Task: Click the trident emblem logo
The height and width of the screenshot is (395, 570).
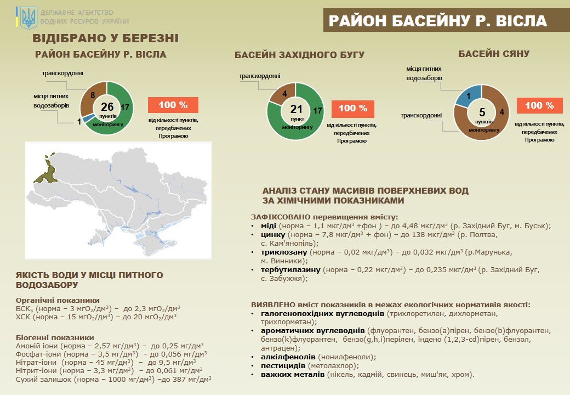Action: coord(29,18)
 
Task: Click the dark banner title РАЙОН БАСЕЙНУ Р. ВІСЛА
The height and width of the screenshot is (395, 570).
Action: coord(437,21)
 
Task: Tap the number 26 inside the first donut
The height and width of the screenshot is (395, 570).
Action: coord(107,106)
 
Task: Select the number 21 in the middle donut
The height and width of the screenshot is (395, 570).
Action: coord(296,109)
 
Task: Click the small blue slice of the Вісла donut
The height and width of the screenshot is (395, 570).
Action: coord(86,117)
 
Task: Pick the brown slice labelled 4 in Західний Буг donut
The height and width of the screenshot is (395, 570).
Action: coord(280,94)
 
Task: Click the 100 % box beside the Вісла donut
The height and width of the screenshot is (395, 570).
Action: coord(173,105)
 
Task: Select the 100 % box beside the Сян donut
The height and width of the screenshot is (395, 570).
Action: coord(539,105)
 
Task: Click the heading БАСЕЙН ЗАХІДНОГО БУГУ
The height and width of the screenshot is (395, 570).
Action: coord(299,55)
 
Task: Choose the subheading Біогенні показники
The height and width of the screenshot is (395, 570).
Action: coord(55,337)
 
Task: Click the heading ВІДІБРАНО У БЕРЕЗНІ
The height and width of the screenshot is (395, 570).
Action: coord(105,38)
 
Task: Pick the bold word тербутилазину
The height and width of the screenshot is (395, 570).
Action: coord(291,270)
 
